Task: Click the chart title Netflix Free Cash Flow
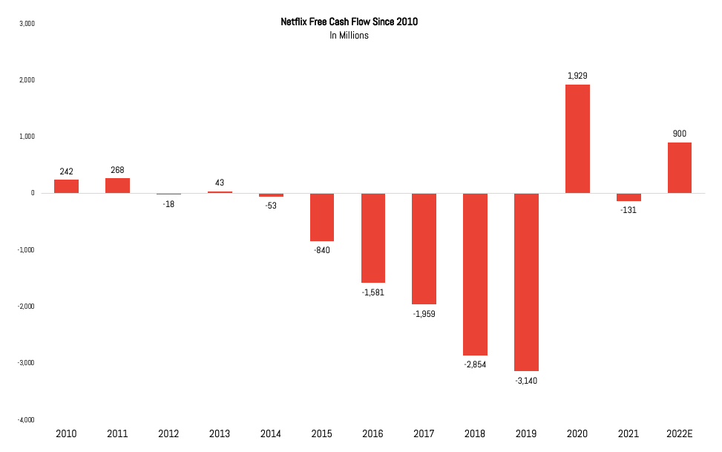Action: [349, 22]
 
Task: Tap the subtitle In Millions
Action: [349, 36]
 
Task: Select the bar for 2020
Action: [577, 139]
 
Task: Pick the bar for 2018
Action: [475, 274]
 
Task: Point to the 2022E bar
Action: [679, 168]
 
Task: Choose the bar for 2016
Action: [373, 238]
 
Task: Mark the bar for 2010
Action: [66, 186]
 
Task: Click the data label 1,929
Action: [577, 76]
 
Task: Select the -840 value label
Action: [322, 250]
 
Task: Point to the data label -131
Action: [628, 210]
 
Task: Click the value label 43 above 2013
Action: [220, 183]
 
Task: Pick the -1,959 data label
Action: [424, 314]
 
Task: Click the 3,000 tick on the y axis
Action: [27, 24]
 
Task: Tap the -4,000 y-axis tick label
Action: [26, 420]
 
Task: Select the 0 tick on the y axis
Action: [33, 193]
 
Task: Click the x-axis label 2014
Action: [271, 433]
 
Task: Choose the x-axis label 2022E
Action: [679, 433]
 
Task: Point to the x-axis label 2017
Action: [424, 433]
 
